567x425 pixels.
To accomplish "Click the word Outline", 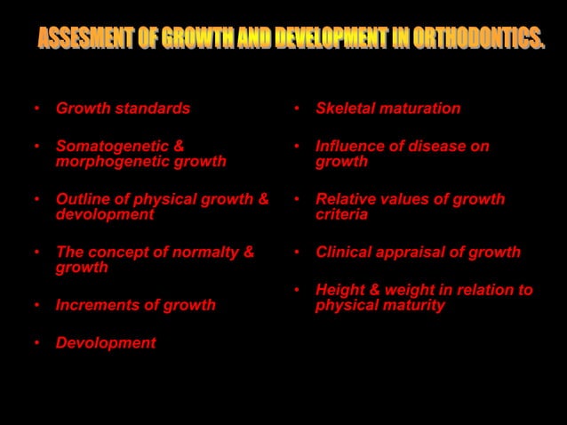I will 82,199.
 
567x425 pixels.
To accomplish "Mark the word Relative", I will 346,199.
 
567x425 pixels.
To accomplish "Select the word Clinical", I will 344,253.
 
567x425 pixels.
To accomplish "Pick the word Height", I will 339,290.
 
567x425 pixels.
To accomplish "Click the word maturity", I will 412,306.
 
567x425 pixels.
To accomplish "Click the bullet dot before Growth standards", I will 36,109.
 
